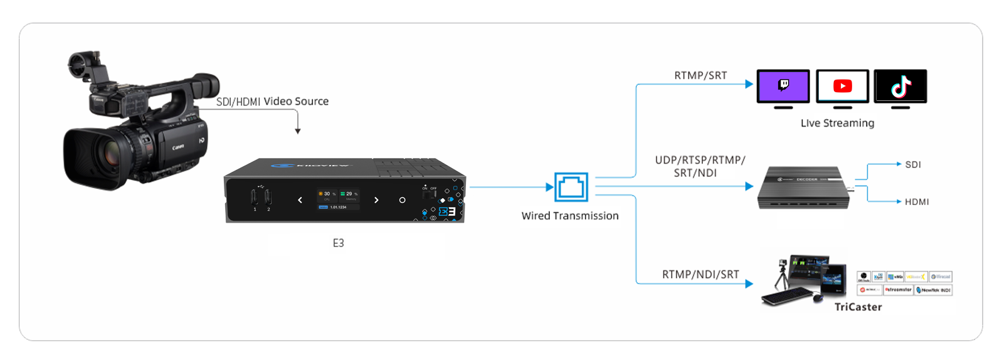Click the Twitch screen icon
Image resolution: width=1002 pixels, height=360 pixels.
[x=783, y=87]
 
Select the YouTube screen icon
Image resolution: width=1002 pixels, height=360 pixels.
[x=842, y=87]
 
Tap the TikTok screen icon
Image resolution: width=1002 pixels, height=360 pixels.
[x=900, y=87]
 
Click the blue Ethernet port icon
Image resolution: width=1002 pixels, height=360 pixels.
[x=571, y=187]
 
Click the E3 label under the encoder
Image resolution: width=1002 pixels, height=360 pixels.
[x=339, y=243]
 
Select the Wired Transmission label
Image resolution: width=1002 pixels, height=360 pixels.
[x=570, y=216]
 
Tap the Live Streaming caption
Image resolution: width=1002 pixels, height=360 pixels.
[x=837, y=124]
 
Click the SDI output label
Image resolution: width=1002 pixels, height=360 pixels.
[x=913, y=165]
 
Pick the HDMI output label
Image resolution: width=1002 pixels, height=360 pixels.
[x=917, y=202]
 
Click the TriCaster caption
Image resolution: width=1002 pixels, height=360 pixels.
[x=858, y=307]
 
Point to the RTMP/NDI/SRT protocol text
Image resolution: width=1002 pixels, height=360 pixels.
[x=700, y=275]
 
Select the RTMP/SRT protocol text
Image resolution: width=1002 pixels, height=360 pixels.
[x=700, y=76]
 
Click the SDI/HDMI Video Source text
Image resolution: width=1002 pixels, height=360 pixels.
[x=272, y=102]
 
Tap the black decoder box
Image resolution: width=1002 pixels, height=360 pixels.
[x=804, y=187]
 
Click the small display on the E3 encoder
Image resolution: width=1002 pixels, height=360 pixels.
[x=338, y=199]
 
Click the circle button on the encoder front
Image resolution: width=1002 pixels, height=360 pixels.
[x=403, y=200]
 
